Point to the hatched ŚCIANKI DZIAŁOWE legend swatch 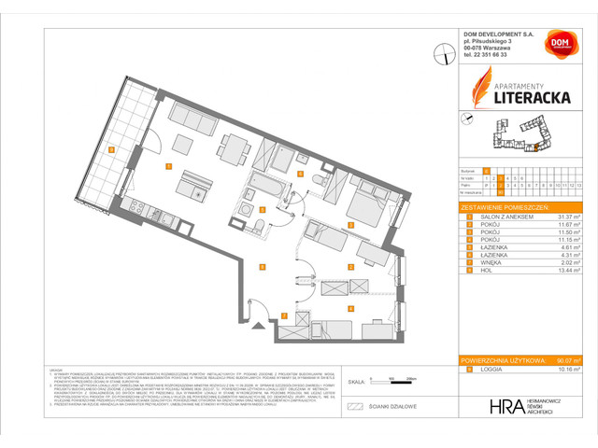point(354,407)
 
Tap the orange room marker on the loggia point(111,149)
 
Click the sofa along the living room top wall point(193,118)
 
